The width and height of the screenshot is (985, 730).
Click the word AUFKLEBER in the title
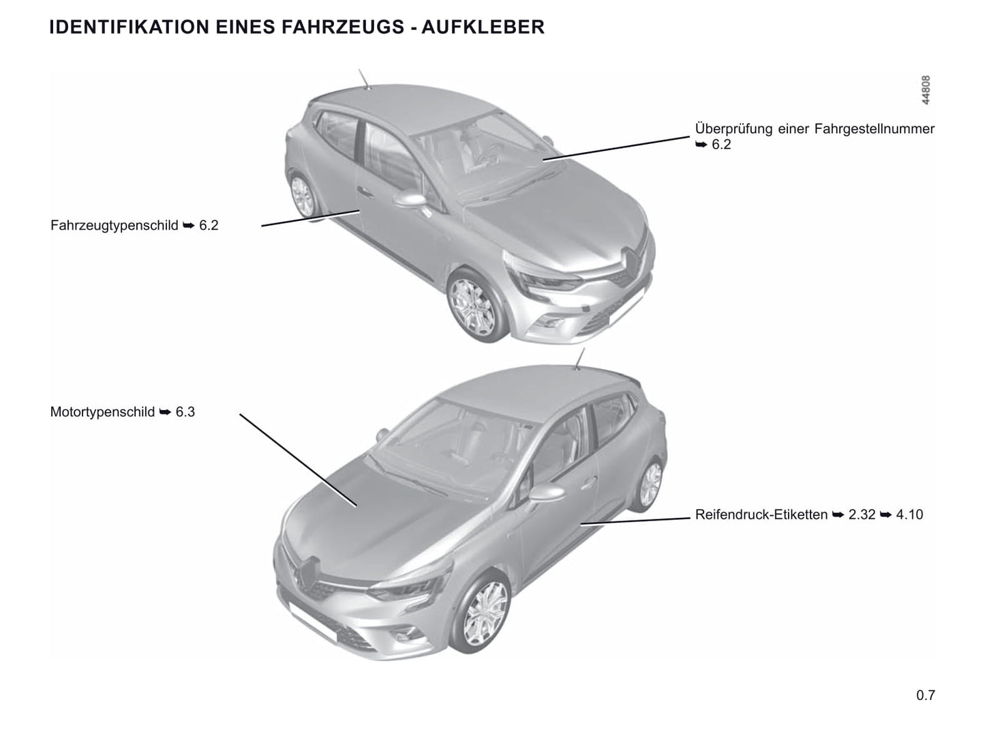coord(483,27)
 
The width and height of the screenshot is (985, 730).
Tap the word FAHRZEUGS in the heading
coord(342,27)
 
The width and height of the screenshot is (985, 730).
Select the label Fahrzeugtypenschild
coord(114,225)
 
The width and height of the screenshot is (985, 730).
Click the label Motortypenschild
coord(102,411)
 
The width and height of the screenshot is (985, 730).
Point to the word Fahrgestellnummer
coord(875,129)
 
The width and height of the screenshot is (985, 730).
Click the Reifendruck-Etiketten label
coord(761,514)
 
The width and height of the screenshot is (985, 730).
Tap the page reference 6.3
coord(185,411)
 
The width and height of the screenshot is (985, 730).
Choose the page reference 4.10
coord(909,514)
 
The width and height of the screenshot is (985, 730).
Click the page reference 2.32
coord(862,514)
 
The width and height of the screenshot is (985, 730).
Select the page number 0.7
coord(926,695)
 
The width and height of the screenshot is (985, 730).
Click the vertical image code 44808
coord(926,90)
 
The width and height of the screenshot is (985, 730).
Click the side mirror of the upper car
coord(411,201)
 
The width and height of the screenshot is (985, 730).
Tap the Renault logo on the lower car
coord(307,572)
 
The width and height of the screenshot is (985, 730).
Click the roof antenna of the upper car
coord(364,78)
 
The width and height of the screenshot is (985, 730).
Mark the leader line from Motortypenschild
coord(298,460)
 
